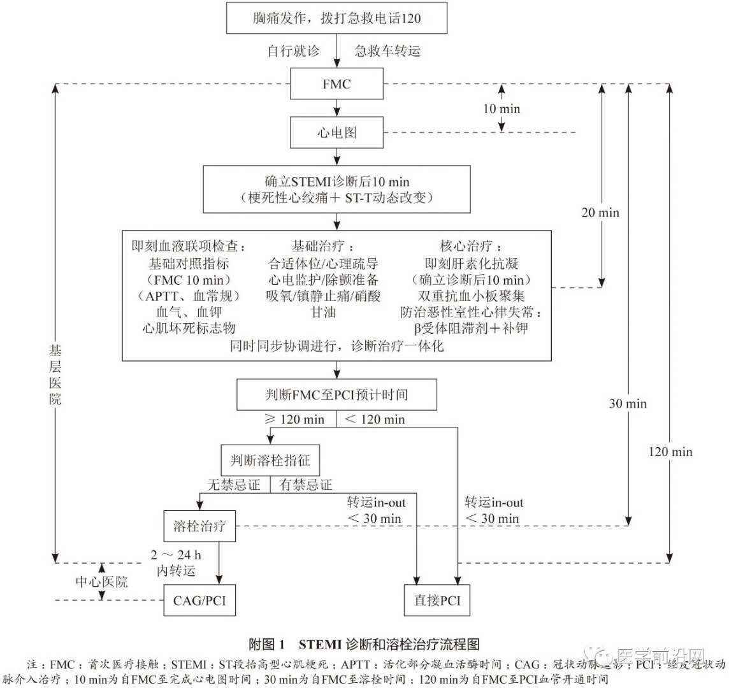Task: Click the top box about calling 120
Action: [336, 18]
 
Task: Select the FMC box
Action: [336, 84]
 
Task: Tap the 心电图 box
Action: [336, 133]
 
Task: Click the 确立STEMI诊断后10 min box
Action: [336, 189]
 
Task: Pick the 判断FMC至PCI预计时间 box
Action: [336, 395]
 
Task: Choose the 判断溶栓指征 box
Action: [270, 459]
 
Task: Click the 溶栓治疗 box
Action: [199, 526]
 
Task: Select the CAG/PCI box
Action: [199, 600]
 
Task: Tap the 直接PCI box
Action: [437, 600]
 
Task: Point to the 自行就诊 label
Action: [293, 52]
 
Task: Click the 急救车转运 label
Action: [388, 52]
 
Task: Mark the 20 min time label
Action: [600, 213]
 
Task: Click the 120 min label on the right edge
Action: [670, 452]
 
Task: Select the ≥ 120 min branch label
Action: [294, 419]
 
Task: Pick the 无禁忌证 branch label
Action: [234, 485]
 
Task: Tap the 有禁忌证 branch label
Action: [306, 485]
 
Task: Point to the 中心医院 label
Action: [102, 582]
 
